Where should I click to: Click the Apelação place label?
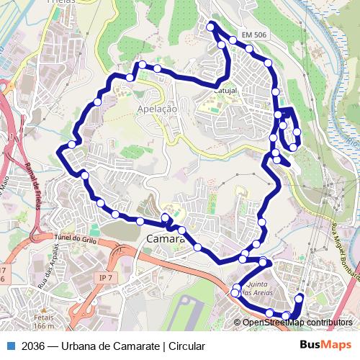point(156,109)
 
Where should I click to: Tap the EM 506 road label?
point(254,35)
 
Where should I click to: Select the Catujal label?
point(225,91)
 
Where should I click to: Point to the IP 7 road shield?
point(107,277)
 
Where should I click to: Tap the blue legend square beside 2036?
point(9,346)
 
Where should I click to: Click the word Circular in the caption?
point(187,346)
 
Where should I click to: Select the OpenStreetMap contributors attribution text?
point(297,322)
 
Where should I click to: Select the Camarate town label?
point(166,239)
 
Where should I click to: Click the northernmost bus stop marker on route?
point(211,27)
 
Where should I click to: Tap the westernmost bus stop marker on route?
point(71,145)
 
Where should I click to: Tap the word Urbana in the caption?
point(82,346)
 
